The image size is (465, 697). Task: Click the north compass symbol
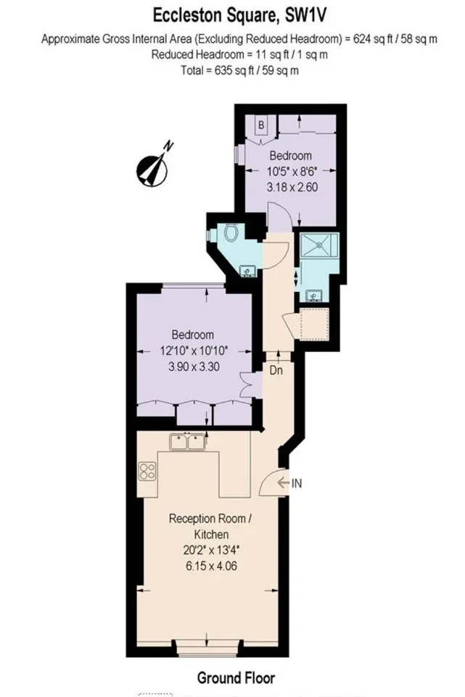tap(153, 167)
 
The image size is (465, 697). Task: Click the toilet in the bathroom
tap(230, 232)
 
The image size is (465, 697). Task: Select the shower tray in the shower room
tap(319, 244)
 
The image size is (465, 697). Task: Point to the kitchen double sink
tap(187, 442)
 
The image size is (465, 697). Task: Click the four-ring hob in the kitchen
tap(147, 471)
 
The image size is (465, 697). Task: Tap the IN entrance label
tap(296, 484)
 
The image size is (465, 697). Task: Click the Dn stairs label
tap(276, 370)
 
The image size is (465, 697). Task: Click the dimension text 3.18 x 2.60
tap(292, 187)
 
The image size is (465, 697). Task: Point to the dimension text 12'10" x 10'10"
tap(194, 351)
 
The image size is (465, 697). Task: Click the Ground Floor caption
tap(236, 677)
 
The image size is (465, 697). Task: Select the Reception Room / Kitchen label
tap(211, 526)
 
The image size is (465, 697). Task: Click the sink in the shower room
tap(314, 295)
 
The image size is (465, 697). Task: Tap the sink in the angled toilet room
tap(247, 271)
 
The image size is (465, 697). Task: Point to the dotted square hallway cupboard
tap(314, 323)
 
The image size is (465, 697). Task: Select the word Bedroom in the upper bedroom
tap(290, 155)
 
